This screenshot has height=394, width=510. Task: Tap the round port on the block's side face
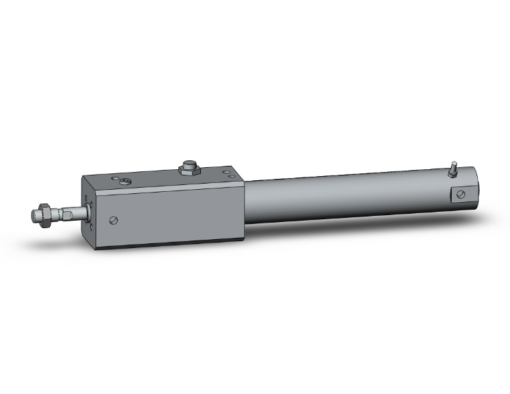pos(114,220)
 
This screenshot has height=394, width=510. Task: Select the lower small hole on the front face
pos(89,223)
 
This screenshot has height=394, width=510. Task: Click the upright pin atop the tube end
pos(453,167)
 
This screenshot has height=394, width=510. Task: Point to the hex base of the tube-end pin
pos(453,174)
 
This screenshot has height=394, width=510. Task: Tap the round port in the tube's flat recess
pos(461,195)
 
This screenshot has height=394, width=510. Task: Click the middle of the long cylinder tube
pos(343,199)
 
